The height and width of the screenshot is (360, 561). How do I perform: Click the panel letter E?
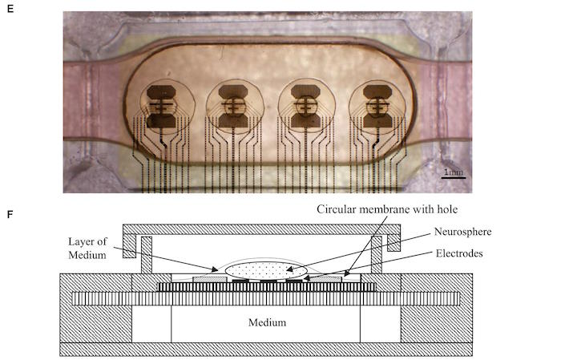tap(10, 9)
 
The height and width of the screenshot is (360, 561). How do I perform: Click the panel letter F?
tap(10, 215)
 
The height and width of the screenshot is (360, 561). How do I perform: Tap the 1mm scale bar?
tap(454, 177)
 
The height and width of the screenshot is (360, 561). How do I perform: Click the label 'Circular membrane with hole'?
tap(387, 209)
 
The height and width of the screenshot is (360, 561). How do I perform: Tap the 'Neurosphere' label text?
tap(462, 232)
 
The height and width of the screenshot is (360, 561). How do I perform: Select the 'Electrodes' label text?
tap(459, 253)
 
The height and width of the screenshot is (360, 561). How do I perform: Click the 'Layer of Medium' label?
tap(87, 248)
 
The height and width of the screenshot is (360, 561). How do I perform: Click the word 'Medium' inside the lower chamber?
tap(267, 322)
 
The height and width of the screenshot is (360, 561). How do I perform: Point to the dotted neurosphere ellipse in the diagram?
tap(266, 270)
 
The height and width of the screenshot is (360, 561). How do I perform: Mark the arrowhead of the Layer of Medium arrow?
tap(216, 269)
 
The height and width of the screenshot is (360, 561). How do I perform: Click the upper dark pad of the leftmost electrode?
tap(161, 92)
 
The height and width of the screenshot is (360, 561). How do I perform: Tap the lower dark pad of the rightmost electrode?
tap(377, 120)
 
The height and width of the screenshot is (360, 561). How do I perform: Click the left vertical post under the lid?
tap(147, 255)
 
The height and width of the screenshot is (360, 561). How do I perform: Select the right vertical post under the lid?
tap(377, 255)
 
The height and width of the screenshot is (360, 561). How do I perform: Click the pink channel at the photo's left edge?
tap(91, 101)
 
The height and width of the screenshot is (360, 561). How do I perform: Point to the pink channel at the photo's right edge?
tap(446, 101)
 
